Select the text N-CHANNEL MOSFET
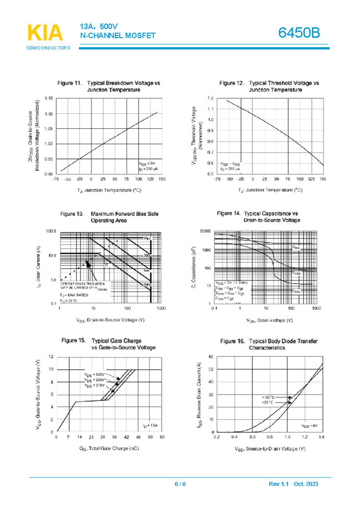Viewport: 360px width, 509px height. click(117, 36)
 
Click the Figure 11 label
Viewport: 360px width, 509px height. click(70, 83)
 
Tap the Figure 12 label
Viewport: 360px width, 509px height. click(231, 83)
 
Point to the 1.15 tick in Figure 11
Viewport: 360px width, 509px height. click(48, 99)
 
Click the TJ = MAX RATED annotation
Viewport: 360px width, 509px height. click(74, 295)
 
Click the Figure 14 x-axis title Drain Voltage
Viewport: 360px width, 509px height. click(268, 320)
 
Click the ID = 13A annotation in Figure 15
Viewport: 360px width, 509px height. click(149, 425)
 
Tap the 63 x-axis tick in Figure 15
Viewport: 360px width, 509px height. click(162, 437)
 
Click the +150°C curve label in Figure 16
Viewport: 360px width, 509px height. click(270, 397)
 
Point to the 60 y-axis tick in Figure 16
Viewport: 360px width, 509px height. click(211, 356)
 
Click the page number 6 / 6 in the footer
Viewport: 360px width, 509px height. click(180, 485)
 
